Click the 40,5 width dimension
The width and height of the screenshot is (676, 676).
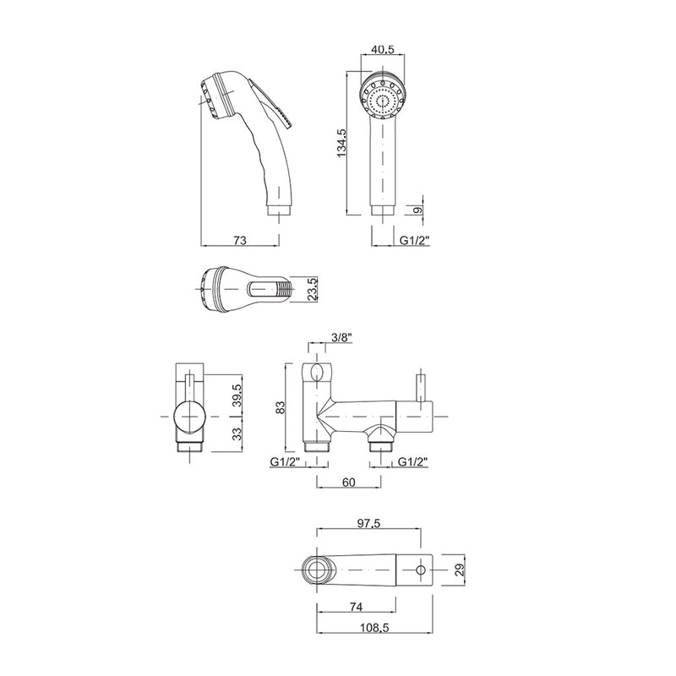pyautogui.click(x=384, y=51)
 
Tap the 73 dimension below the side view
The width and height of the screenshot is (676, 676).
pyautogui.click(x=239, y=241)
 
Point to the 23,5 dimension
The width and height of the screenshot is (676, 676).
pyautogui.click(x=311, y=288)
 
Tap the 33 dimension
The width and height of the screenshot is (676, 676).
pyautogui.click(x=237, y=433)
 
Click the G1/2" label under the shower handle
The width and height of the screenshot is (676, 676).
pyautogui.click(x=413, y=241)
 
